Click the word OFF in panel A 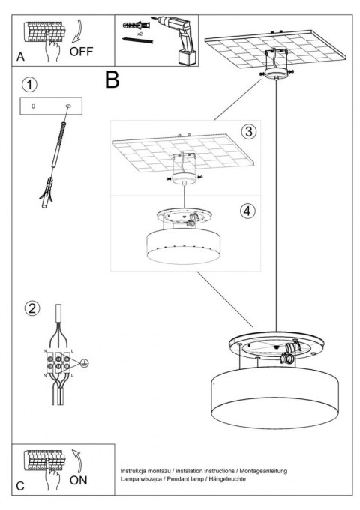(82, 52)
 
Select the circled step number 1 (28, 82)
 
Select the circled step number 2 (30, 307)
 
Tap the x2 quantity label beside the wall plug (139, 34)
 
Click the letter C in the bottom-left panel (20, 486)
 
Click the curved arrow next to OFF (80, 33)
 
